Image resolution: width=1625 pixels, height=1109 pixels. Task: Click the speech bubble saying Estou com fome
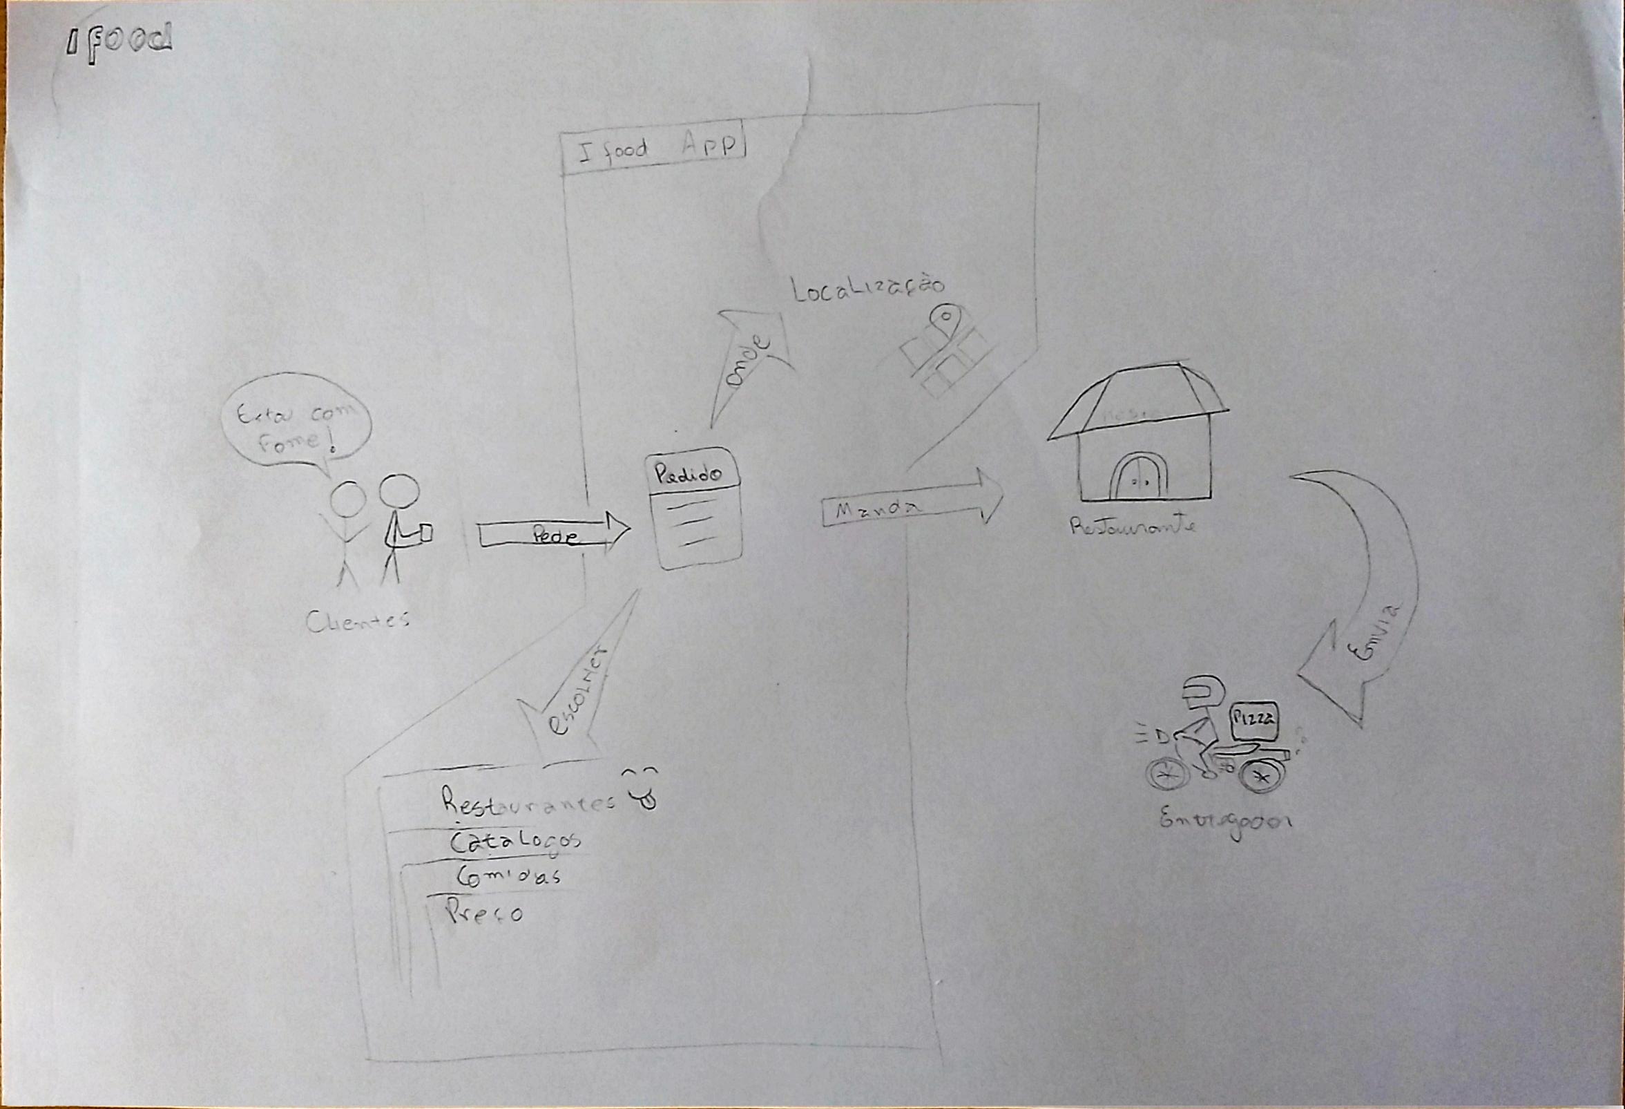click(x=296, y=428)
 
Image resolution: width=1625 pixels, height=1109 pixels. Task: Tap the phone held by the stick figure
click(x=426, y=533)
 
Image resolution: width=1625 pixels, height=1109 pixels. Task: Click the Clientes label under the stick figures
click(x=357, y=620)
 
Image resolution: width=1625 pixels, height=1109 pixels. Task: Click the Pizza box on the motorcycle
click(x=1254, y=721)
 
